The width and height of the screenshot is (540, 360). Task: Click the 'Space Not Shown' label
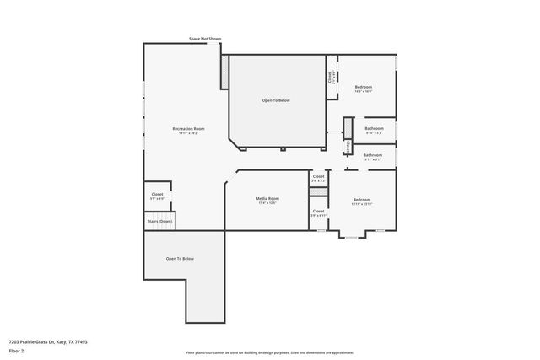205,39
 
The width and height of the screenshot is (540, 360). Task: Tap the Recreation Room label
188,129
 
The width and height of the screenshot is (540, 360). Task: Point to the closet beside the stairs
157,195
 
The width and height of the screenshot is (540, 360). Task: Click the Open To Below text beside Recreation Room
276,100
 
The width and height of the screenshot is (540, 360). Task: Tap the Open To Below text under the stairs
180,258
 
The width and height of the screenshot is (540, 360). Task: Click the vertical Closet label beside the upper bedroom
330,77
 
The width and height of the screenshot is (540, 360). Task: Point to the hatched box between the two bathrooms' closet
347,147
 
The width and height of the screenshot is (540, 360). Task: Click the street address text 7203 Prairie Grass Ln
48,341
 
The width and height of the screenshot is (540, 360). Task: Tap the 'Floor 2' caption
17,349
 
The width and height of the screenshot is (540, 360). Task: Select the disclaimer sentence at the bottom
269,352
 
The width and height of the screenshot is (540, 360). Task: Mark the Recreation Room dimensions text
188,133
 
